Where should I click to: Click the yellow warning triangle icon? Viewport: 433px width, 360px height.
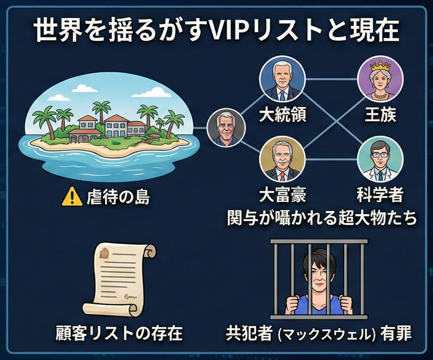coord(69,197)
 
